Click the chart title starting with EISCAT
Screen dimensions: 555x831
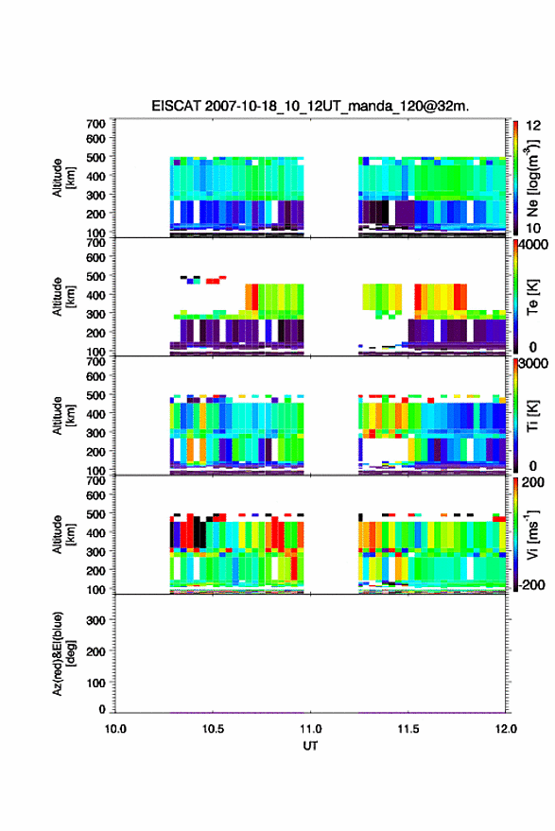point(310,106)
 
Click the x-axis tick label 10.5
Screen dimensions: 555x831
point(213,729)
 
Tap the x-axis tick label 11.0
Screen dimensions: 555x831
point(310,729)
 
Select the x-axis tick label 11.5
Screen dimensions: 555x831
point(408,729)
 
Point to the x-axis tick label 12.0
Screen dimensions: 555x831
point(506,729)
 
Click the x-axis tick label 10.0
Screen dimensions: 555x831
point(115,729)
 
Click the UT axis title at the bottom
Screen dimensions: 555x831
point(310,746)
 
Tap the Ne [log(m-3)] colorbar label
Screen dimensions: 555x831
point(532,178)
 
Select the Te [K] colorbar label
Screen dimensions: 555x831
point(532,297)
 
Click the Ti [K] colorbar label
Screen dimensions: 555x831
point(532,416)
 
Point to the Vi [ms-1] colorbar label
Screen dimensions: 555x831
point(532,534)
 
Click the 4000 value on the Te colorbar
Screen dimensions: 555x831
point(533,245)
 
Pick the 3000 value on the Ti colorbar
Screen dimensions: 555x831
point(533,364)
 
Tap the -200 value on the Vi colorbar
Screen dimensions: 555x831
point(531,585)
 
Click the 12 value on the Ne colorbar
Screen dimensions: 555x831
point(534,126)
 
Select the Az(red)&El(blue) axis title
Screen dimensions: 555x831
point(63,653)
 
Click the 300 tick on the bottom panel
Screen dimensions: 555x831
point(95,620)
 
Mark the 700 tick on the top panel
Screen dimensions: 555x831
point(95,124)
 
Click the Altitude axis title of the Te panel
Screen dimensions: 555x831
point(63,297)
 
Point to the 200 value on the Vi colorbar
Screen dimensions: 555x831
point(532,483)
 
